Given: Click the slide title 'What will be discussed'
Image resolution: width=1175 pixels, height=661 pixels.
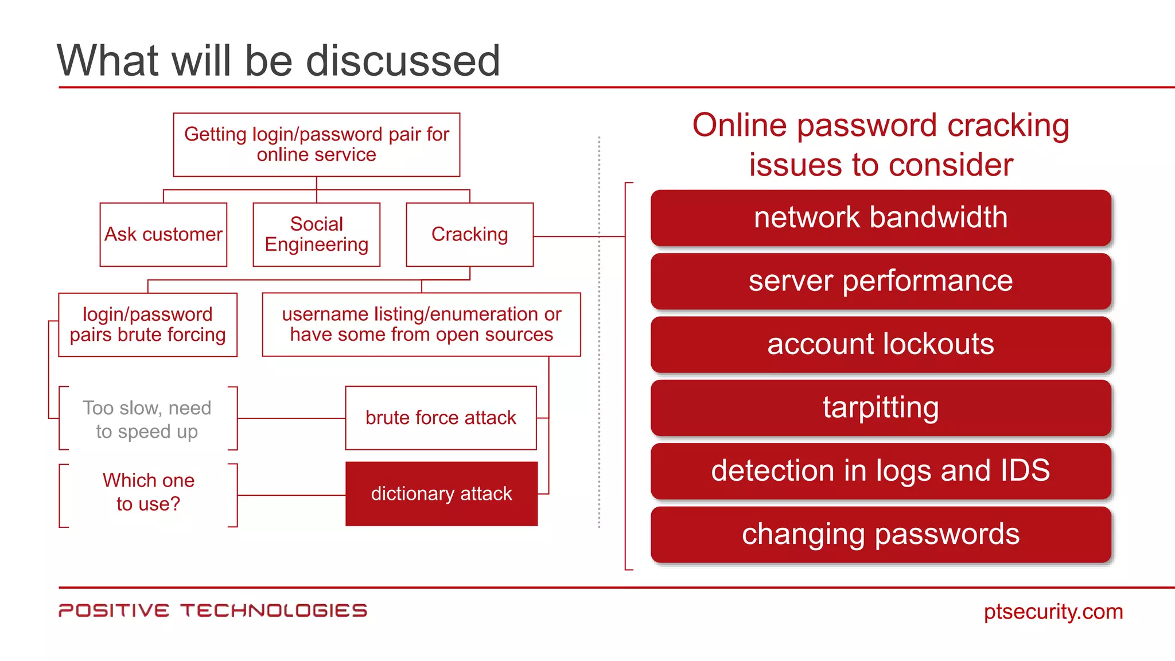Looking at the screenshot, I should point(278,60).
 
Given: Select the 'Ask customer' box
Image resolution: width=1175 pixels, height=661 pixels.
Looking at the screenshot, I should point(164,234).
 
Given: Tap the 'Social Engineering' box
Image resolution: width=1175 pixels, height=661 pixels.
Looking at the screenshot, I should point(316,234).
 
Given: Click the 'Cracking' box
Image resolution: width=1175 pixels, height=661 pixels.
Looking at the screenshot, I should point(469,234).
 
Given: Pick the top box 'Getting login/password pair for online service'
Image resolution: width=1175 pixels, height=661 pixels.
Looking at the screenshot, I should point(316,145).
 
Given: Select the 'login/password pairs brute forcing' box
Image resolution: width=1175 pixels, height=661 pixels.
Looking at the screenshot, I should point(147,325).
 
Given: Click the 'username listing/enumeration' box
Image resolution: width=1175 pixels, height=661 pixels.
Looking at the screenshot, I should point(421,325).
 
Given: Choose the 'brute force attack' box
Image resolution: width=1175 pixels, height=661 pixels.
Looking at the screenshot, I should point(441,418).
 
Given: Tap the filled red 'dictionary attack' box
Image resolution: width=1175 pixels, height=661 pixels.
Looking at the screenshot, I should point(441,493).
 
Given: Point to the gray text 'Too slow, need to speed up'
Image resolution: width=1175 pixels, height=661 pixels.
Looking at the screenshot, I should point(147,419).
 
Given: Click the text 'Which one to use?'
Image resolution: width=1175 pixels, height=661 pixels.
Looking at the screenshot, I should point(148,492).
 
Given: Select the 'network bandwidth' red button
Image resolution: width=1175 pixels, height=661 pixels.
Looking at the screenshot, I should point(881,218).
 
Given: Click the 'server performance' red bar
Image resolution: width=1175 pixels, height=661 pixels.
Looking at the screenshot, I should point(881,281).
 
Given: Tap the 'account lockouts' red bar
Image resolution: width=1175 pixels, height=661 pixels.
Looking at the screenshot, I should point(881,344).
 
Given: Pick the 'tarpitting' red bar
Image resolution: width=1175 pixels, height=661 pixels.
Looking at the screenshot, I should point(881,407).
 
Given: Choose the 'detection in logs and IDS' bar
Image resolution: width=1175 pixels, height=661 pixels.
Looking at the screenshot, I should point(881,471).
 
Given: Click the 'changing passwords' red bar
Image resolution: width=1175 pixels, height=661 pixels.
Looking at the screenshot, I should point(881,534).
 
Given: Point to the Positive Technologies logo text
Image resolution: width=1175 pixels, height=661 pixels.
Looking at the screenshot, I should point(212,611).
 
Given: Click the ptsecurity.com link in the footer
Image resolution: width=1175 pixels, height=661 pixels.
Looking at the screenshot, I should point(1053,612).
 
